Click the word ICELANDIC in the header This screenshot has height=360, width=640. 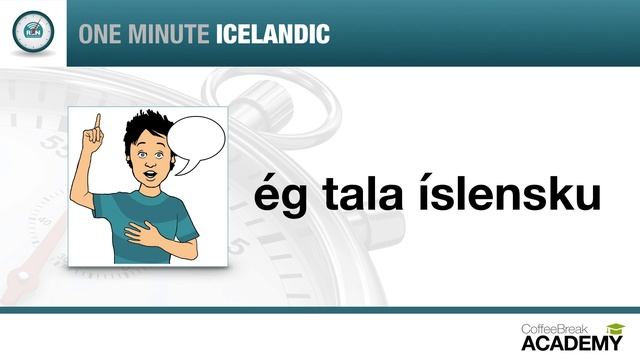[272, 33]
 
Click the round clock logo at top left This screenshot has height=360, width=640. [33, 32]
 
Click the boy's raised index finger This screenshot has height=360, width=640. [98, 123]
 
